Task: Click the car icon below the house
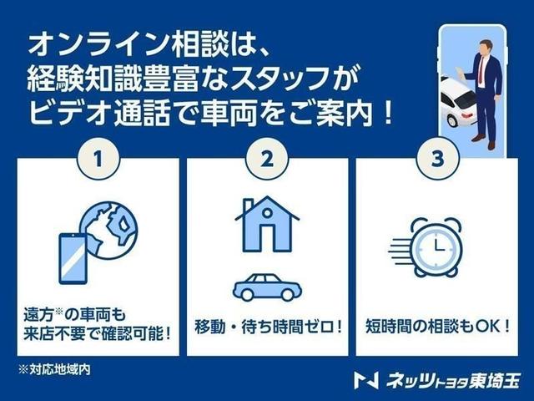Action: (x=267, y=287)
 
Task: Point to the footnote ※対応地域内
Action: (x=55, y=369)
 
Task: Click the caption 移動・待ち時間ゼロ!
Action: (x=267, y=323)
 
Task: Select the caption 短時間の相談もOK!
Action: (x=436, y=323)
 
